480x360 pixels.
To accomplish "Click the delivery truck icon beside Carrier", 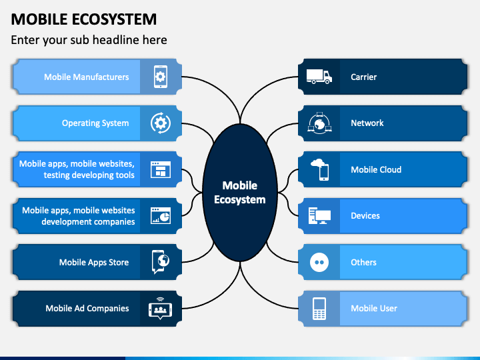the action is (319, 77).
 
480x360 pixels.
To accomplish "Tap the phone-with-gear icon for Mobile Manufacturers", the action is (161, 77).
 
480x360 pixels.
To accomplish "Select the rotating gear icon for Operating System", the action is (161, 123).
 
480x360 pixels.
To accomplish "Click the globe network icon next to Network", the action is (319, 123).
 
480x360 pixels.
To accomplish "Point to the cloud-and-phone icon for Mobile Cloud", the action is (320, 169).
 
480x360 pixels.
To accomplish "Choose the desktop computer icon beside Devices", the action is (319, 216).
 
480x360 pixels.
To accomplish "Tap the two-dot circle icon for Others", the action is (319, 263).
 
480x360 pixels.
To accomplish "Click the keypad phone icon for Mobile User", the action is (319, 309).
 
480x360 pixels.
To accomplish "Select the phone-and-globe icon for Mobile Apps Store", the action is (161, 262).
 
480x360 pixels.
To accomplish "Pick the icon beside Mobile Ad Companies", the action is (161, 309).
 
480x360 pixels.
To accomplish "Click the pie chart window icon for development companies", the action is (161, 216).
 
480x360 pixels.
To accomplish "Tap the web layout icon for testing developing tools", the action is (161, 169).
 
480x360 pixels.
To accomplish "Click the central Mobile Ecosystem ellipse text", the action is (240, 193).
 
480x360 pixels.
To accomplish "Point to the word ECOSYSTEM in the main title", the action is (115, 19).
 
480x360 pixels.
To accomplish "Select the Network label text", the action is (367, 123).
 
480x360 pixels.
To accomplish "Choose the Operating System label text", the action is (95, 123).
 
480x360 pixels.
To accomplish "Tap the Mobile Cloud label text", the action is (376, 169).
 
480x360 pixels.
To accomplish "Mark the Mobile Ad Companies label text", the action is (87, 308).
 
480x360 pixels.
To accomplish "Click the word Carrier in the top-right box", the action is (364, 77).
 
